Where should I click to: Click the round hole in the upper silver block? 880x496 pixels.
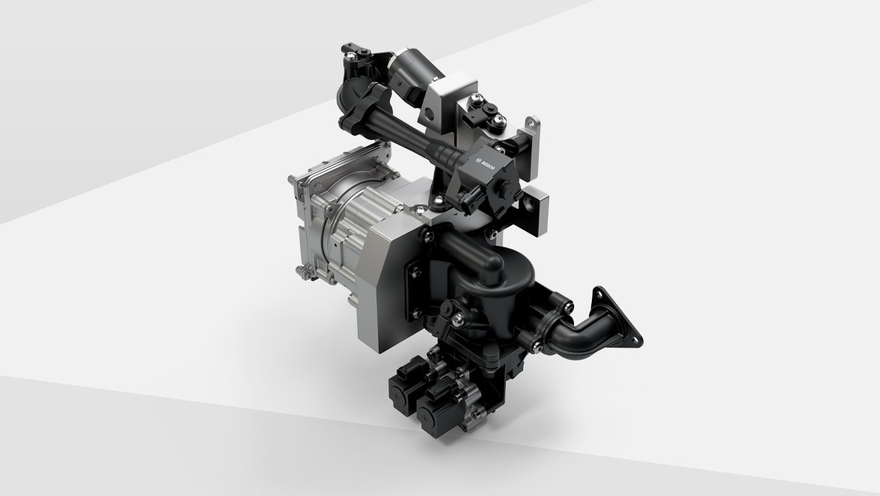pos(430,114)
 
